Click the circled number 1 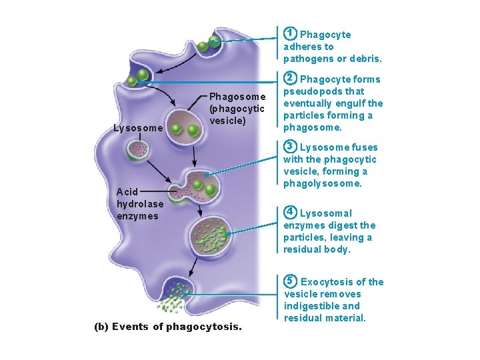[290, 33]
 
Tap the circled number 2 [290, 79]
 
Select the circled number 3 [290, 147]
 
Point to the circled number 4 [290, 213]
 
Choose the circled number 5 [290, 281]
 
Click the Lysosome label [137, 128]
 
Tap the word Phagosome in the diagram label [237, 97]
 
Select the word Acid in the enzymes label [128, 192]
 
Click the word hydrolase [139, 204]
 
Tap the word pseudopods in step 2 [311, 91]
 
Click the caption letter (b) [101, 327]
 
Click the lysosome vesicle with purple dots [139, 150]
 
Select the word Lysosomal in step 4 [325, 213]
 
